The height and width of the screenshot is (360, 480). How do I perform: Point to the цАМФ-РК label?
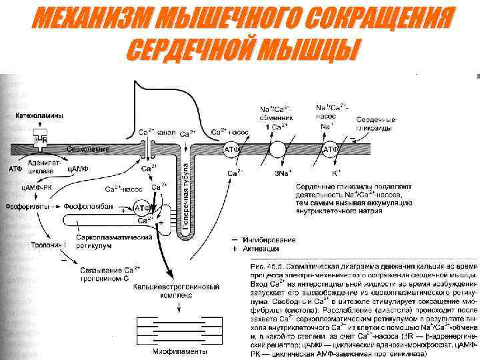pos(37,189)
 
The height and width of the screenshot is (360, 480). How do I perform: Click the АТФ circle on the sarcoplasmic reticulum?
pos(141,207)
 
